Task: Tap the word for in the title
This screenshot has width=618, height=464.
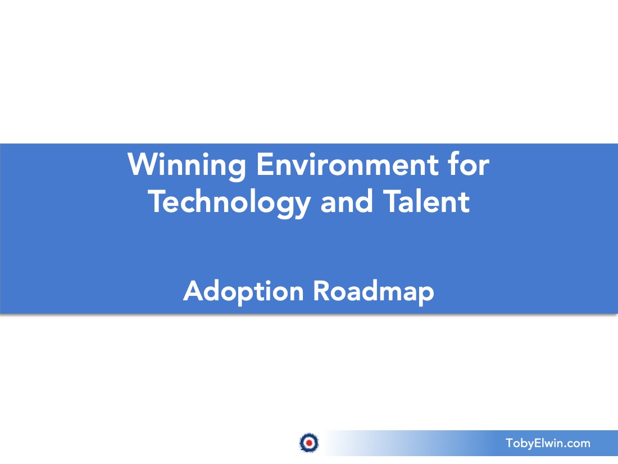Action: pos(469,164)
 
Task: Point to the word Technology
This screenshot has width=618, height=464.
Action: pos(229,202)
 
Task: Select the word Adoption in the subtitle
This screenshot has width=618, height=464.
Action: pos(244,291)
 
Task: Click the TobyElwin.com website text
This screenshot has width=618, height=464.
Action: pos(548,443)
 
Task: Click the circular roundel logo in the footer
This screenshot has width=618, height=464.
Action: pos(308,443)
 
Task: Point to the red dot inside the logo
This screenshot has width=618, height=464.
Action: pos(308,443)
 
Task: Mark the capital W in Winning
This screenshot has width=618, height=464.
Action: pos(140,164)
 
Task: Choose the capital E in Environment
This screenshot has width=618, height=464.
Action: pos(264,164)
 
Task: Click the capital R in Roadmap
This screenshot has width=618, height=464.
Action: pos(321,291)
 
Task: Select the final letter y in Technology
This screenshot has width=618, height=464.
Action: pos(302,205)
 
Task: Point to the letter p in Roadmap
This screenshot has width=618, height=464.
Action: pos(426,294)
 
